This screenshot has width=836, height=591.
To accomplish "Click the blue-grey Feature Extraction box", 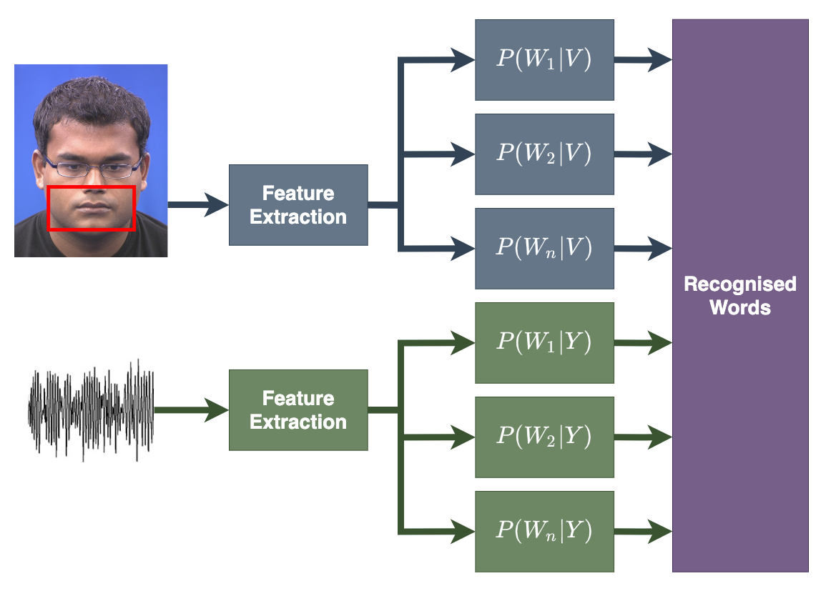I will click(x=298, y=205).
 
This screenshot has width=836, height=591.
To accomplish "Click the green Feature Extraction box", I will click(x=298, y=409).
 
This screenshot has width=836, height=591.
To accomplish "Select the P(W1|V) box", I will click(x=544, y=60).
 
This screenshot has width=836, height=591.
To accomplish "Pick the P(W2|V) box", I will click(x=544, y=154).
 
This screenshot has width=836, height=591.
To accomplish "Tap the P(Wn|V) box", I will click(x=544, y=249).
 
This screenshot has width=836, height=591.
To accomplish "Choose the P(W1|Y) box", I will click(x=544, y=343).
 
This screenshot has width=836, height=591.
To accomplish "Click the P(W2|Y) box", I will click(x=544, y=437).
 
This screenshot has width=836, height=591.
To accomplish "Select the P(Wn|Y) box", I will click(x=544, y=532).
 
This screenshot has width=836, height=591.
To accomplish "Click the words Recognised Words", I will click(x=740, y=295).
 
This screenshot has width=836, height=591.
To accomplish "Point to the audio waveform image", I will click(x=91, y=409).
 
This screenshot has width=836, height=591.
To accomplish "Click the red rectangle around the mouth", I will click(x=91, y=188).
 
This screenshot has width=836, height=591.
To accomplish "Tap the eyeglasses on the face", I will click(x=92, y=169).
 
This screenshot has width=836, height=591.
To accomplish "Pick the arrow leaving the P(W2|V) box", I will click(x=643, y=153).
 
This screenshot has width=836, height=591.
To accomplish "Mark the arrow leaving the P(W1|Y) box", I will click(x=643, y=343).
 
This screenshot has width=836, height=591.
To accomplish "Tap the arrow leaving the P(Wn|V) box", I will click(x=643, y=249).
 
